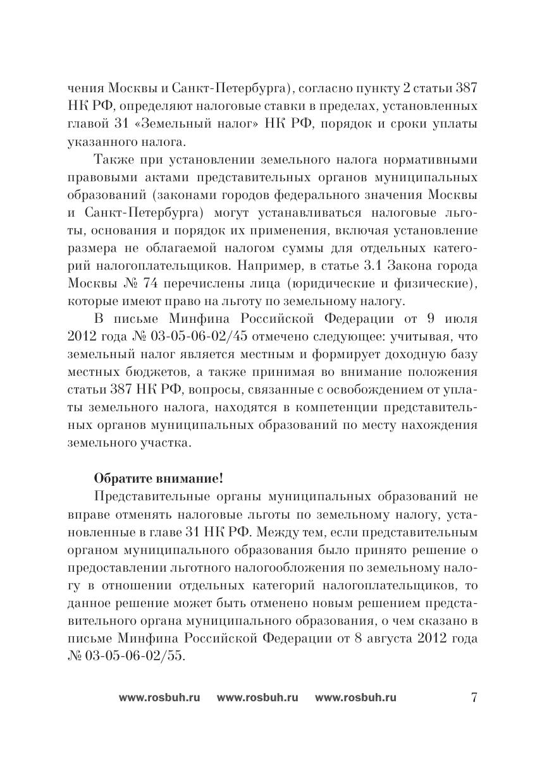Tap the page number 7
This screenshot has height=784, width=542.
(x=474, y=698)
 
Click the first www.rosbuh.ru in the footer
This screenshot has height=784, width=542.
(x=159, y=698)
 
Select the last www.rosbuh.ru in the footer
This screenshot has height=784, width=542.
(x=355, y=698)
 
